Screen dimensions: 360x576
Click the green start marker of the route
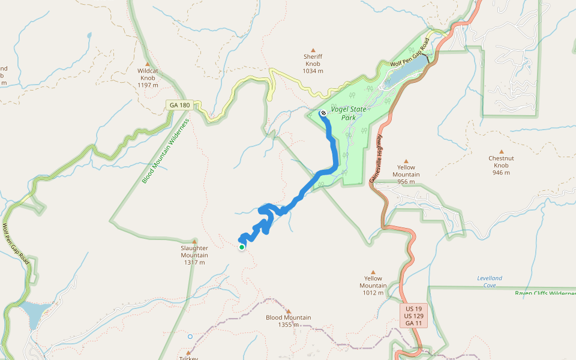click(242, 247)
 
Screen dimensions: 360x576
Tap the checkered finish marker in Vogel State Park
click(323, 113)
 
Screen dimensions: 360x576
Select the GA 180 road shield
click(179, 105)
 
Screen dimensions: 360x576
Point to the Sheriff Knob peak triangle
click(313, 50)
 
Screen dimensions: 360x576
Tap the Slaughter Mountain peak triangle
click(194, 241)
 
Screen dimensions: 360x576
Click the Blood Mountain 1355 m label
click(288, 321)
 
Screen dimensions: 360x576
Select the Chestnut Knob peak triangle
click(502, 151)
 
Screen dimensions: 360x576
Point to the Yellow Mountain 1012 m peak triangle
click(373, 272)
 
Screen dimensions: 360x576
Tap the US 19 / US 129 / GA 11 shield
click(414, 316)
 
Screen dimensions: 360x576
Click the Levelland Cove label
click(490, 281)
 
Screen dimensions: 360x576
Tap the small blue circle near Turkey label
click(190, 337)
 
